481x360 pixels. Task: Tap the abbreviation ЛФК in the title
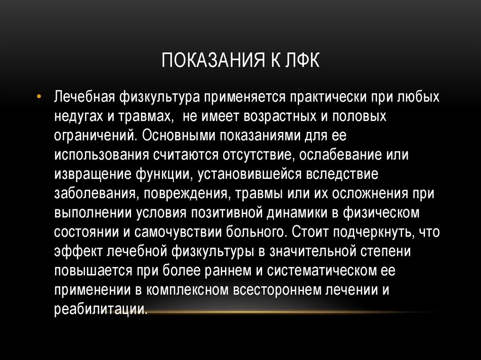click(x=301, y=61)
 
